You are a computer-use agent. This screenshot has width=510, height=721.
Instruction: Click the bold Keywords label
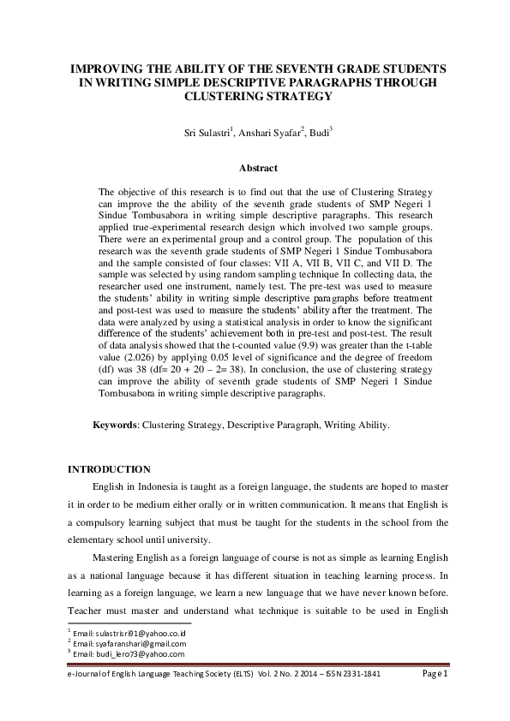115,425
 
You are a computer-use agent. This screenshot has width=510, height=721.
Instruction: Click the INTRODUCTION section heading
109,469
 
